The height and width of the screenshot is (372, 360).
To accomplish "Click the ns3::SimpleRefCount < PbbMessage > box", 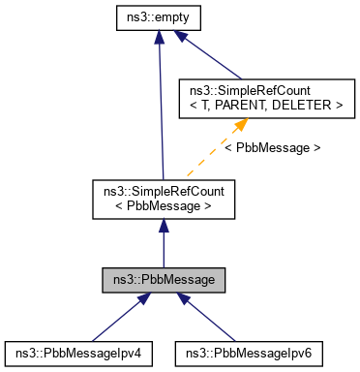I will click(x=164, y=197).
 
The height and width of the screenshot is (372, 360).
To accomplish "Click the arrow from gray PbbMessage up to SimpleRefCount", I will click(x=164, y=242).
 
